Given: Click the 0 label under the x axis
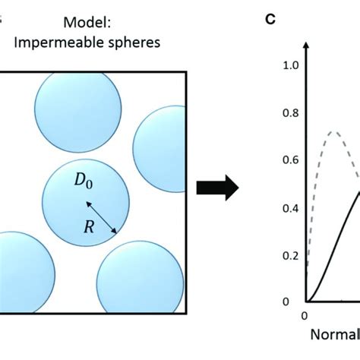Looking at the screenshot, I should tap(305, 315).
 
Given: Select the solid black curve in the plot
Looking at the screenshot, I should tap(334, 235).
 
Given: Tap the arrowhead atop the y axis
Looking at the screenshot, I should tap(305, 46).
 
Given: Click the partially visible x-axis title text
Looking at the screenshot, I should tap(334, 335).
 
